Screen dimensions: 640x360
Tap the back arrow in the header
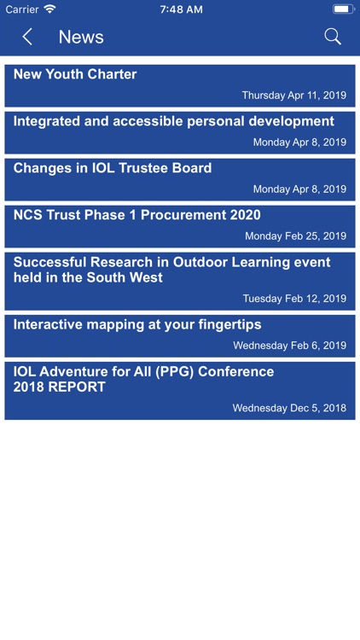click(27, 37)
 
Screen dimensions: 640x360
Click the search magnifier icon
click(333, 37)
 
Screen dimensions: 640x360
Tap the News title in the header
click(81, 37)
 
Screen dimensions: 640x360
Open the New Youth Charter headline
click(75, 74)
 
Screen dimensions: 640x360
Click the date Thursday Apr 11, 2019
click(294, 96)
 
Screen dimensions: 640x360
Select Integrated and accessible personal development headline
click(173, 121)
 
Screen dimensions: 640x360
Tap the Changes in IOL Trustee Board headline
click(113, 168)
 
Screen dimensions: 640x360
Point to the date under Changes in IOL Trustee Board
click(299, 189)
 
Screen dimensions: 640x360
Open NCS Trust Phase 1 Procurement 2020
click(137, 215)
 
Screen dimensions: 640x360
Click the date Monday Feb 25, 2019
click(295, 236)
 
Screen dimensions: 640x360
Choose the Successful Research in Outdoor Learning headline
click(171, 270)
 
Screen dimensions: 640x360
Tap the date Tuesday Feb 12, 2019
click(294, 299)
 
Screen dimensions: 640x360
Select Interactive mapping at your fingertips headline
click(137, 324)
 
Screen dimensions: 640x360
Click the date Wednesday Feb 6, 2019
click(289, 346)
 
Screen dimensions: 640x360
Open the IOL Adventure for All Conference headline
click(143, 379)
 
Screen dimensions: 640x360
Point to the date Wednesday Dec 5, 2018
click(289, 408)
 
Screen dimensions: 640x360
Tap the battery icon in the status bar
click(343, 9)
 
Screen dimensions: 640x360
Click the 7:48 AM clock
click(181, 9)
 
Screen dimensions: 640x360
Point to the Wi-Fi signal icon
click(50, 9)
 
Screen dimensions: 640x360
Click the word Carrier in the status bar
click(22, 9)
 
